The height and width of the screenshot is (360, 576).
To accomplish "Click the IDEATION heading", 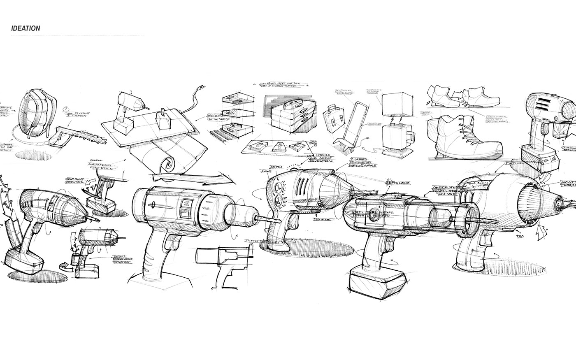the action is pyautogui.click(x=26, y=28).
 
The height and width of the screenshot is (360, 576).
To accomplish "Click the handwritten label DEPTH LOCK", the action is pyautogui.click(x=395, y=181).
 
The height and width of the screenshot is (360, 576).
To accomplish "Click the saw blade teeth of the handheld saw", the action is pyautogui.click(x=88, y=134).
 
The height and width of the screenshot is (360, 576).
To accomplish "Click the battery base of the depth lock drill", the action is pyautogui.click(x=373, y=283).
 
